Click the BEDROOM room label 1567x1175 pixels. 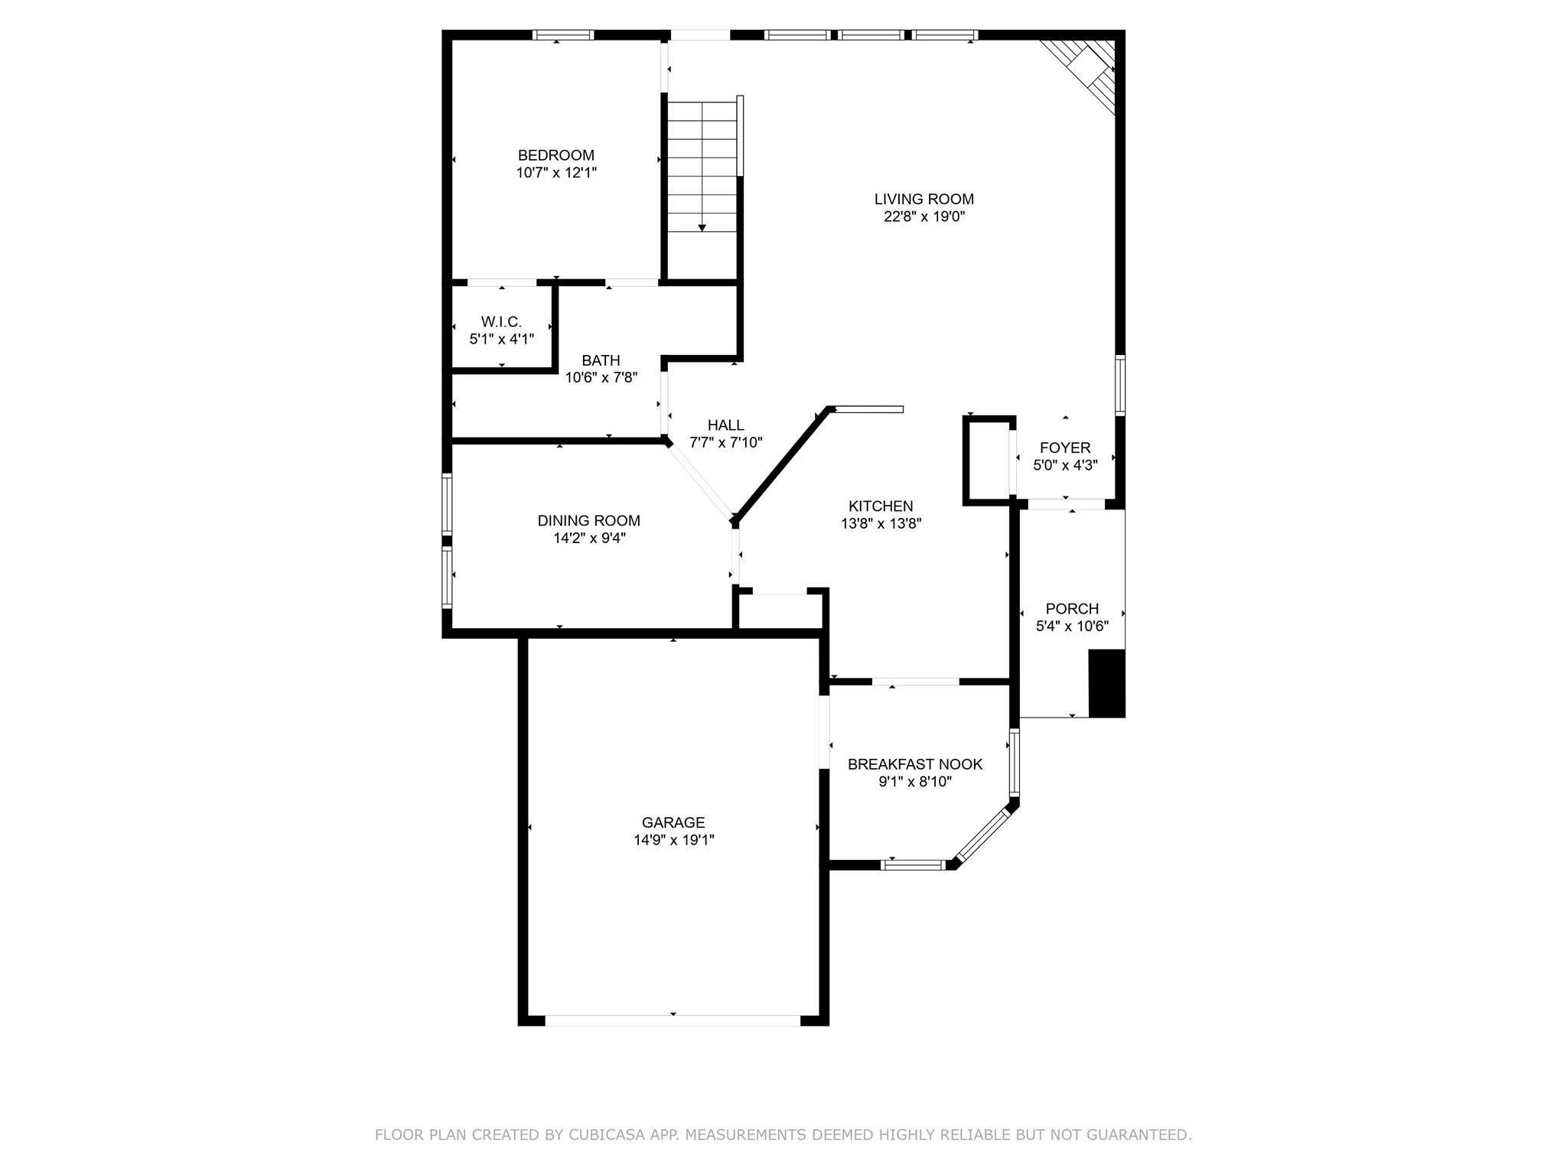[x=555, y=155]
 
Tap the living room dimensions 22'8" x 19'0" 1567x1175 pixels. [x=924, y=216]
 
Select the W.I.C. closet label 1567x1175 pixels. [x=501, y=322]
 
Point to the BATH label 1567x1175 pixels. [x=601, y=360]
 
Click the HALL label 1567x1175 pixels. [x=725, y=425]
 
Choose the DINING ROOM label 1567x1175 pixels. [x=588, y=521]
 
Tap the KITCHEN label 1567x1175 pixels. [x=881, y=506]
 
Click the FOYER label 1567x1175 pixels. [x=1065, y=448]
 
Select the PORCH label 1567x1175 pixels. [x=1072, y=609]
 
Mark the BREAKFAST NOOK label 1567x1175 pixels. [x=914, y=764]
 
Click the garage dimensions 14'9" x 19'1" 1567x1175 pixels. [x=673, y=840]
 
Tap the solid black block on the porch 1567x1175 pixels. [x=1106, y=683]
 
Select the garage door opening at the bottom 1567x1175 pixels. [x=673, y=1020]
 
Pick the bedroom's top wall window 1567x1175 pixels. [x=563, y=34]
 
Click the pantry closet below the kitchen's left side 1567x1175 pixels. [x=780, y=610]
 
